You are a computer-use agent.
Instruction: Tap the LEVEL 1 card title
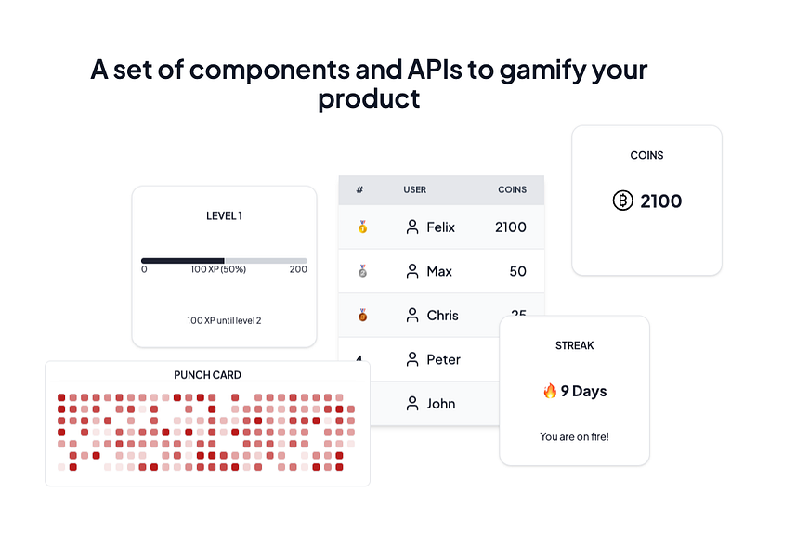coord(224,216)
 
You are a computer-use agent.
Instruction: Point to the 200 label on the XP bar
coord(298,269)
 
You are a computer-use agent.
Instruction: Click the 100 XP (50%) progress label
coord(218,269)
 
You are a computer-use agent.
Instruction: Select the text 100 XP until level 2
coord(224,320)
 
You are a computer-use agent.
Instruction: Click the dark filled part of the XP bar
coord(183,261)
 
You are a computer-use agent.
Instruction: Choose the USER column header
coord(415,189)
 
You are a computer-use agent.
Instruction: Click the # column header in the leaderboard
coord(359,189)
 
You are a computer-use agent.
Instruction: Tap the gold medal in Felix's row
coord(362,227)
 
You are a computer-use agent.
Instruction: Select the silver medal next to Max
coord(362,271)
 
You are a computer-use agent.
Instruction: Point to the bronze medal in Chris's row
coord(362,315)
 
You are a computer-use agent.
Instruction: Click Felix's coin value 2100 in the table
coord(511,227)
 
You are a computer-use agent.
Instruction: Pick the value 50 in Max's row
coord(517,271)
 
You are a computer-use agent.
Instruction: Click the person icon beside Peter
coord(412,359)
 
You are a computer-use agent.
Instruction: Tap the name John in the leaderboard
coord(441,404)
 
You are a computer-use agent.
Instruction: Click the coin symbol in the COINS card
coord(623,201)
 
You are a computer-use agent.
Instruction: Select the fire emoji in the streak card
coord(550,391)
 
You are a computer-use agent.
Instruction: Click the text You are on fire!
coord(574,436)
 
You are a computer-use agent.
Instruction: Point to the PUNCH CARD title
coord(207,375)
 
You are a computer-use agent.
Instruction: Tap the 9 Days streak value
coord(584,391)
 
